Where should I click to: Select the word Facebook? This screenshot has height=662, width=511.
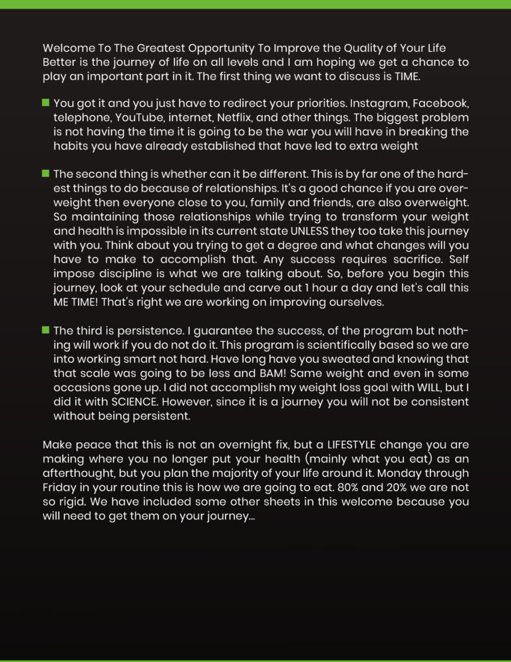(441, 104)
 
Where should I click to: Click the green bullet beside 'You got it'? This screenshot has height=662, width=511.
(46, 103)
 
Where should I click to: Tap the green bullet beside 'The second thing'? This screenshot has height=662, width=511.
(46, 174)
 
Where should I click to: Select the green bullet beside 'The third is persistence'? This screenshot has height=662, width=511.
(46, 330)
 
